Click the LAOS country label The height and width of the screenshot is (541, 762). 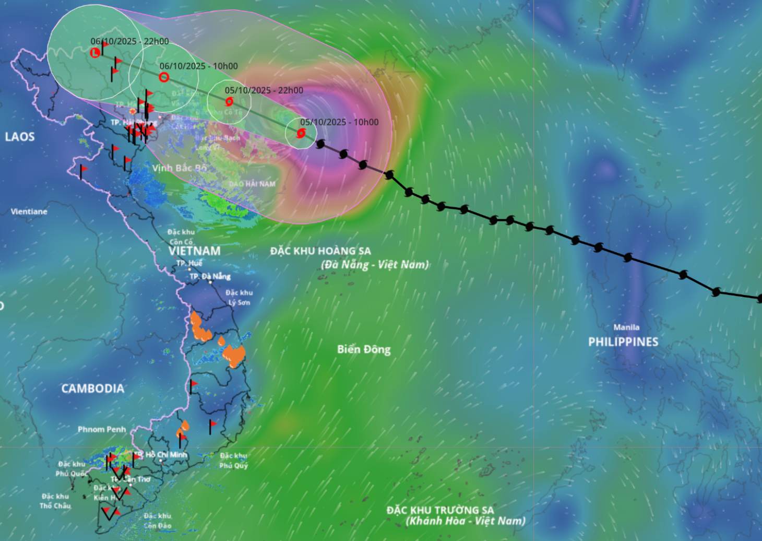point(20,137)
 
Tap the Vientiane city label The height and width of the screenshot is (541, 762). point(29,211)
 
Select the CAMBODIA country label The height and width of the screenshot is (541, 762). point(93,389)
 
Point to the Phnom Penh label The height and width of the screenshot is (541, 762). point(102,429)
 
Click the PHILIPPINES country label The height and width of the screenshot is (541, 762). point(623,342)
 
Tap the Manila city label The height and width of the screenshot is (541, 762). point(626,327)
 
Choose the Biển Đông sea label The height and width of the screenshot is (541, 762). point(364,349)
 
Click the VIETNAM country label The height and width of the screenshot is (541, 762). point(195,251)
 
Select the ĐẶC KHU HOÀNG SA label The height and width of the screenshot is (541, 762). point(320,251)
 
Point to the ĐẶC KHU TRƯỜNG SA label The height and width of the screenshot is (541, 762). point(440,510)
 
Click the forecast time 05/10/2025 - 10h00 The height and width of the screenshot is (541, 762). point(339,122)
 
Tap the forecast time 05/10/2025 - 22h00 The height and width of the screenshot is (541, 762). point(264,90)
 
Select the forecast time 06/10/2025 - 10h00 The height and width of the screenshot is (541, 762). point(199,66)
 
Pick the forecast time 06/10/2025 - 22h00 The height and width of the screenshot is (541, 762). point(129,41)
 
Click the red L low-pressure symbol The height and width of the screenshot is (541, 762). point(95,53)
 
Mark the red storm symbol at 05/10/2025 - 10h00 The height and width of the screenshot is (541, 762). point(301,134)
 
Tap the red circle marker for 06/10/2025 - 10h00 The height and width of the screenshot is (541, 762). point(164,77)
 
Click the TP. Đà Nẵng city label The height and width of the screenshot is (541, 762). point(210,276)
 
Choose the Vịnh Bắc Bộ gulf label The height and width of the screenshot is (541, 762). point(180,168)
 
